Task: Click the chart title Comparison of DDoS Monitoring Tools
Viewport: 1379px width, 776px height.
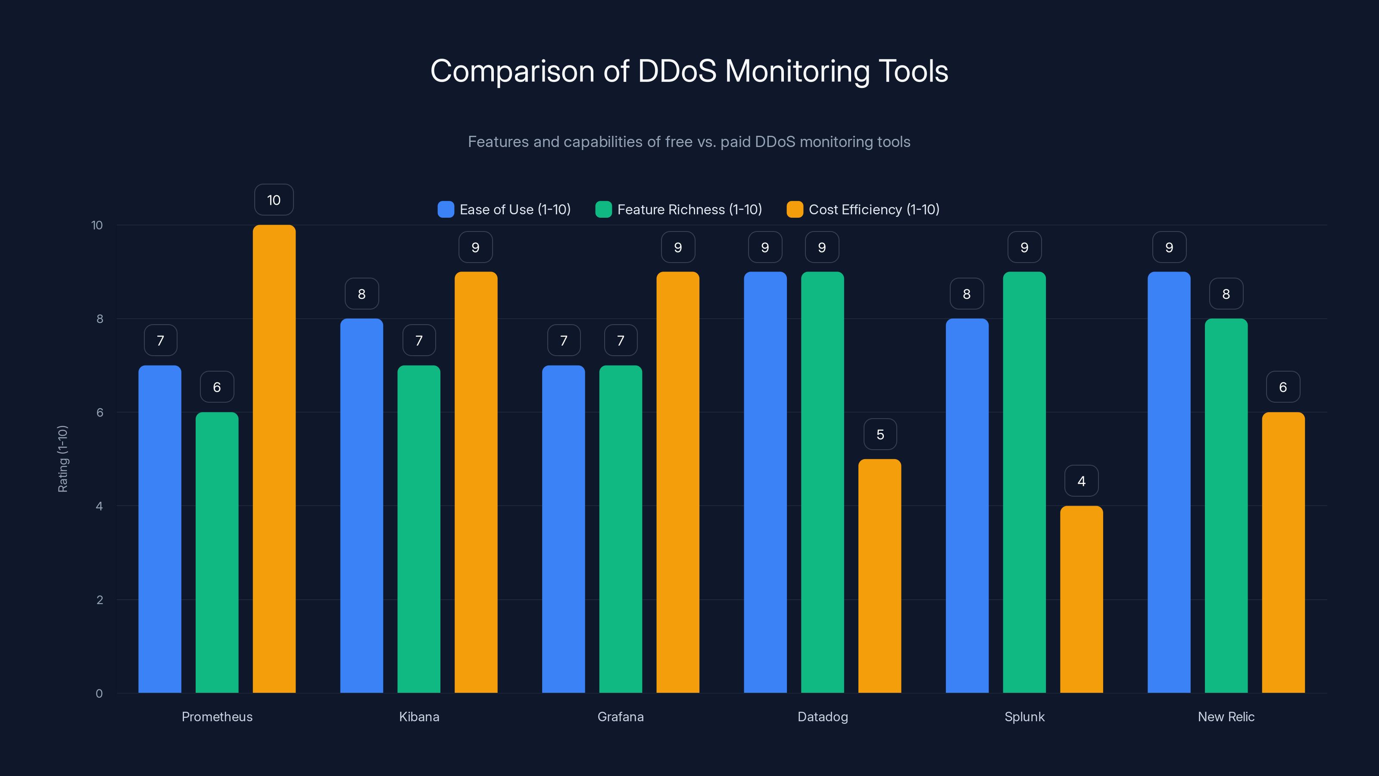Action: coord(689,71)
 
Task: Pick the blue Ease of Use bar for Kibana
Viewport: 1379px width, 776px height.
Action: coord(362,506)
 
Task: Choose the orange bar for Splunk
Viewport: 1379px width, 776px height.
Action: coord(1081,599)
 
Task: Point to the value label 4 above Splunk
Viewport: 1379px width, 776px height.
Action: coord(1081,481)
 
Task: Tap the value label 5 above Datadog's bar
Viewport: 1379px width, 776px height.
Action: coord(880,434)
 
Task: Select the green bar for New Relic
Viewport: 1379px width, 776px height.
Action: coord(1226,506)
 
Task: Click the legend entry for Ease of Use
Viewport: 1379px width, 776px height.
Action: coord(504,210)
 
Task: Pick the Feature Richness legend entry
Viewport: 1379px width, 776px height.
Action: coord(679,210)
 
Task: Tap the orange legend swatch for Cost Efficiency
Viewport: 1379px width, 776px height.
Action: coord(794,210)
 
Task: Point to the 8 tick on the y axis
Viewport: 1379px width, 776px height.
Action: coord(100,319)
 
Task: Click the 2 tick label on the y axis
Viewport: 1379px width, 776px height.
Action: coord(100,600)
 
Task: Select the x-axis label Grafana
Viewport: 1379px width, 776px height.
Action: coord(621,717)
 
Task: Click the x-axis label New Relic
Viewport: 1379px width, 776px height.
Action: coord(1226,717)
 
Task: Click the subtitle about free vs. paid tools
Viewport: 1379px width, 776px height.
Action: coord(689,141)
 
